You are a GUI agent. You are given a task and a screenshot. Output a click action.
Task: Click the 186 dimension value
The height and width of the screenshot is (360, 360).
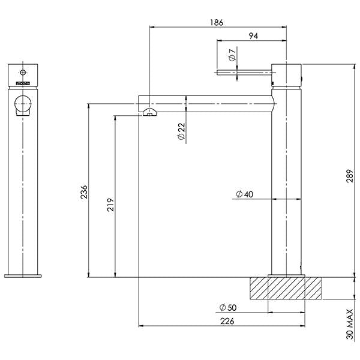(217, 22)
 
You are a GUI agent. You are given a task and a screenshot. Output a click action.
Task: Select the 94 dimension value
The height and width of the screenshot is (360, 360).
(253, 37)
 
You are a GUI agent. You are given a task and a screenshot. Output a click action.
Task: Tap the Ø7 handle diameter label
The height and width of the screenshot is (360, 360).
(232, 58)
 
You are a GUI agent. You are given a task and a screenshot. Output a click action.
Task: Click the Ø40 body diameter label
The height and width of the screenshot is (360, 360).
(244, 194)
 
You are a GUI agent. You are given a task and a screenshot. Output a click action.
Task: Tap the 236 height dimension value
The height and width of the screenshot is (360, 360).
(85, 191)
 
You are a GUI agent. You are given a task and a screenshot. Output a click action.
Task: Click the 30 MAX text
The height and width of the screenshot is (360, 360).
(350, 325)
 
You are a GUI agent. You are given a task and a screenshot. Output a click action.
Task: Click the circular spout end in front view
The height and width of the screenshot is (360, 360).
(22, 103)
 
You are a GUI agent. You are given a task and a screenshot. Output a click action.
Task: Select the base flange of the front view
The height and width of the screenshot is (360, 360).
(23, 275)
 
